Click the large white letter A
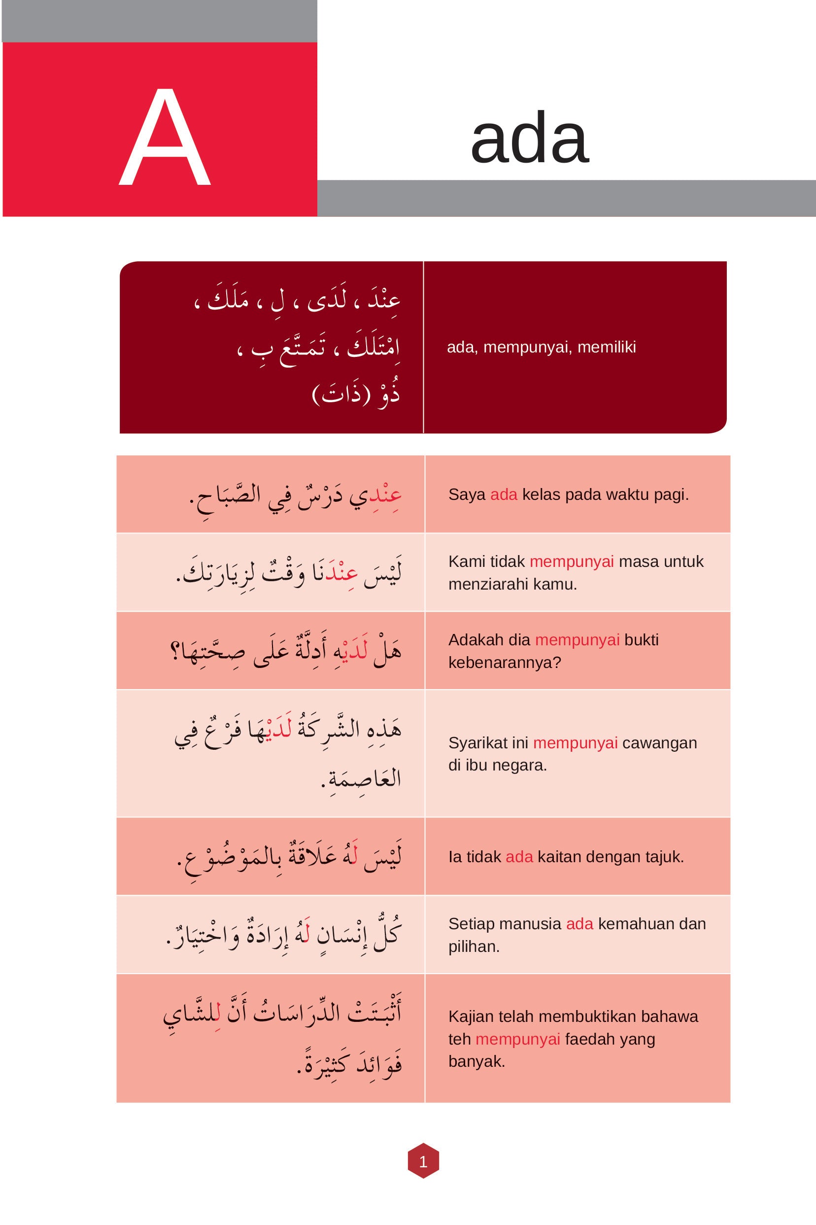coord(165,137)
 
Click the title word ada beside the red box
coord(529,139)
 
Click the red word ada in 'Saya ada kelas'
coord(503,494)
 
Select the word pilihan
coord(474,946)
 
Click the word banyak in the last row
coord(476,1061)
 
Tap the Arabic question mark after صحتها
coord(175,651)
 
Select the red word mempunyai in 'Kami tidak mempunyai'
coord(572,562)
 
